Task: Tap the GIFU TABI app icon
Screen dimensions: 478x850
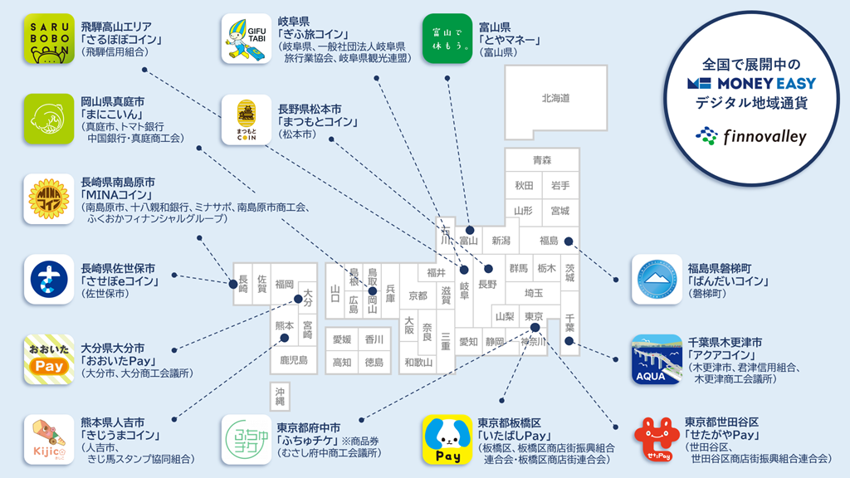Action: (x=247, y=39)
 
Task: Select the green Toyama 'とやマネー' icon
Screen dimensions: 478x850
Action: (x=447, y=39)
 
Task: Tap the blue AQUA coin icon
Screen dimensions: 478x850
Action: (x=657, y=358)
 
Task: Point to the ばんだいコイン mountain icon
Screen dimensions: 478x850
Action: (x=657, y=280)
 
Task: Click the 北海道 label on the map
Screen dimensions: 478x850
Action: (x=555, y=98)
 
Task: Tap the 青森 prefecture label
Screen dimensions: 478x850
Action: (x=542, y=160)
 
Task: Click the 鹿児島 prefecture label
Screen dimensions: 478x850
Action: (x=293, y=359)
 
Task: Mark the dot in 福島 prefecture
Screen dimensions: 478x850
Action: (x=569, y=241)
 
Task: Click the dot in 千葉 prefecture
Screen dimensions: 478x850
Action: (x=569, y=340)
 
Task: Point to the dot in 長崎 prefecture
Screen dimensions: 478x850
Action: (x=233, y=284)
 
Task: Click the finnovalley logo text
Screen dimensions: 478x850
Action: (x=763, y=137)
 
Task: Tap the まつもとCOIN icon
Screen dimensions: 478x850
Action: (x=247, y=119)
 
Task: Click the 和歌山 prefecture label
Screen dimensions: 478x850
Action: (x=418, y=362)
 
